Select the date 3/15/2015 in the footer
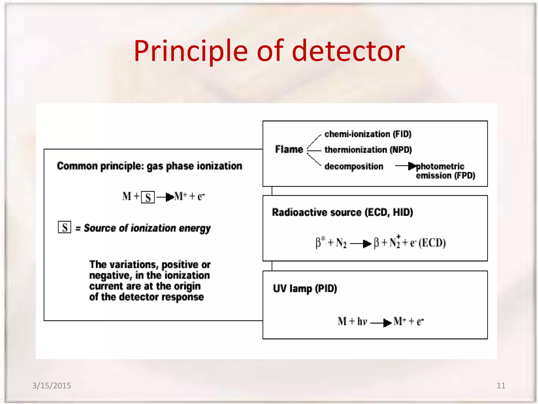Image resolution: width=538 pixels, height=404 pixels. tap(51, 386)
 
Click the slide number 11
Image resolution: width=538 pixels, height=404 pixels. tap(501, 386)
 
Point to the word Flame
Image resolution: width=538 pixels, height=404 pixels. tap(289, 149)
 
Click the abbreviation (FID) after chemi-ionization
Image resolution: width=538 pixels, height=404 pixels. tap(402, 134)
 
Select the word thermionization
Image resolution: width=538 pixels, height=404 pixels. tap(355, 150)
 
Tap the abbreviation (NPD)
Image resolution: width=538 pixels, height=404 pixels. tap(401, 150)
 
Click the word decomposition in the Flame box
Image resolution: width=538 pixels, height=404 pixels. tap(354, 166)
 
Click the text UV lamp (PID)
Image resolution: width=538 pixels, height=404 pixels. tap(305, 289)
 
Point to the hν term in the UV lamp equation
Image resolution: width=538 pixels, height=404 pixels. tap(362, 321)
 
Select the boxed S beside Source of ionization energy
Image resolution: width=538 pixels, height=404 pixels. tap(65, 228)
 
